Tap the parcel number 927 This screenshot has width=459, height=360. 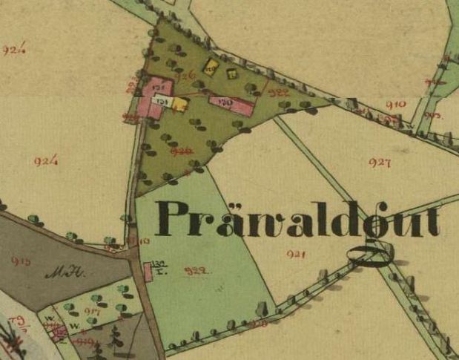click(x=379, y=163)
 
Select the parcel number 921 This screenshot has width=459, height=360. click(x=296, y=255)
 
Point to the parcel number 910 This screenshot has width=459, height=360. click(x=395, y=105)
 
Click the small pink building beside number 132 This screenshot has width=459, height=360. click(x=148, y=273)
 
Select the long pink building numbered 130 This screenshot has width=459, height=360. click(x=232, y=103)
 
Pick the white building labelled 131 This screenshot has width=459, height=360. click(x=162, y=99)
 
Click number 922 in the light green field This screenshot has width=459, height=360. click(x=194, y=271)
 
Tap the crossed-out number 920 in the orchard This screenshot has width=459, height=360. click(x=179, y=151)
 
